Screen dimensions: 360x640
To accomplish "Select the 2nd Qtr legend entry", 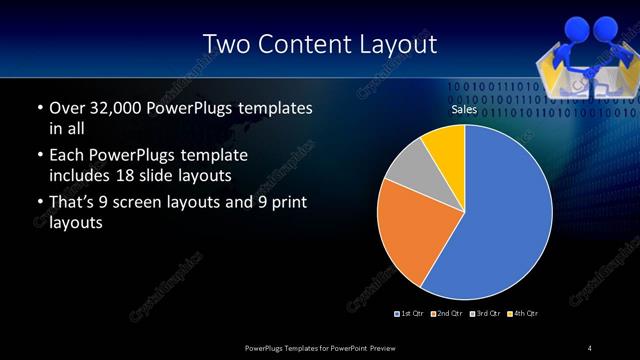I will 449,314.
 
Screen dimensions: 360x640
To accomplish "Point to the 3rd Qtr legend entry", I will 487,314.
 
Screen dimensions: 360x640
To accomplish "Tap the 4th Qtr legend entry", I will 525,314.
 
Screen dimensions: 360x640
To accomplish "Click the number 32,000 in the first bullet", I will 110,108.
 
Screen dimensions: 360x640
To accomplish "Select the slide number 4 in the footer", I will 590,347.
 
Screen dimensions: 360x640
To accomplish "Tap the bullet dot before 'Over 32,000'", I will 38,108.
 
